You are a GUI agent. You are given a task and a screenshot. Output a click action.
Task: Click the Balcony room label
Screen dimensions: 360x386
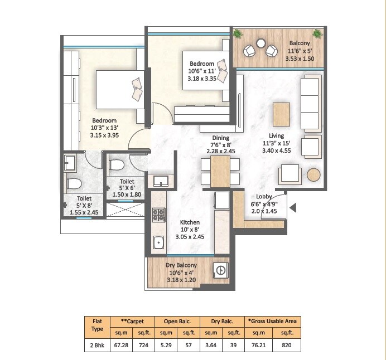click(300, 43)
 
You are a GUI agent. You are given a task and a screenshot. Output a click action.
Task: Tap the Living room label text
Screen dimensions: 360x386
click(276, 135)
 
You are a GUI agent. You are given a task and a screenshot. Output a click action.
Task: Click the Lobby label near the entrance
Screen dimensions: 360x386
click(264, 196)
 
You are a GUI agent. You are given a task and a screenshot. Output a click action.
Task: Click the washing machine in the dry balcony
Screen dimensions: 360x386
click(221, 270)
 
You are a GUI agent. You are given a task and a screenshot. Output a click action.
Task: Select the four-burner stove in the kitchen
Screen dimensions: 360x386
click(158, 214)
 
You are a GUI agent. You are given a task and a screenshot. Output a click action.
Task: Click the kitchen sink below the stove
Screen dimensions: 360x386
click(158, 242)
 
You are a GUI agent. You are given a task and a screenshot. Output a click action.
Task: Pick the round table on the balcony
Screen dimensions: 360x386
click(260, 43)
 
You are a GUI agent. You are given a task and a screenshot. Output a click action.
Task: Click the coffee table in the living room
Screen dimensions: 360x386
click(282, 114)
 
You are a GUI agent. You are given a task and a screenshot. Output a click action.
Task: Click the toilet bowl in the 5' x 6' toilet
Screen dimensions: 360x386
click(117, 165)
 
